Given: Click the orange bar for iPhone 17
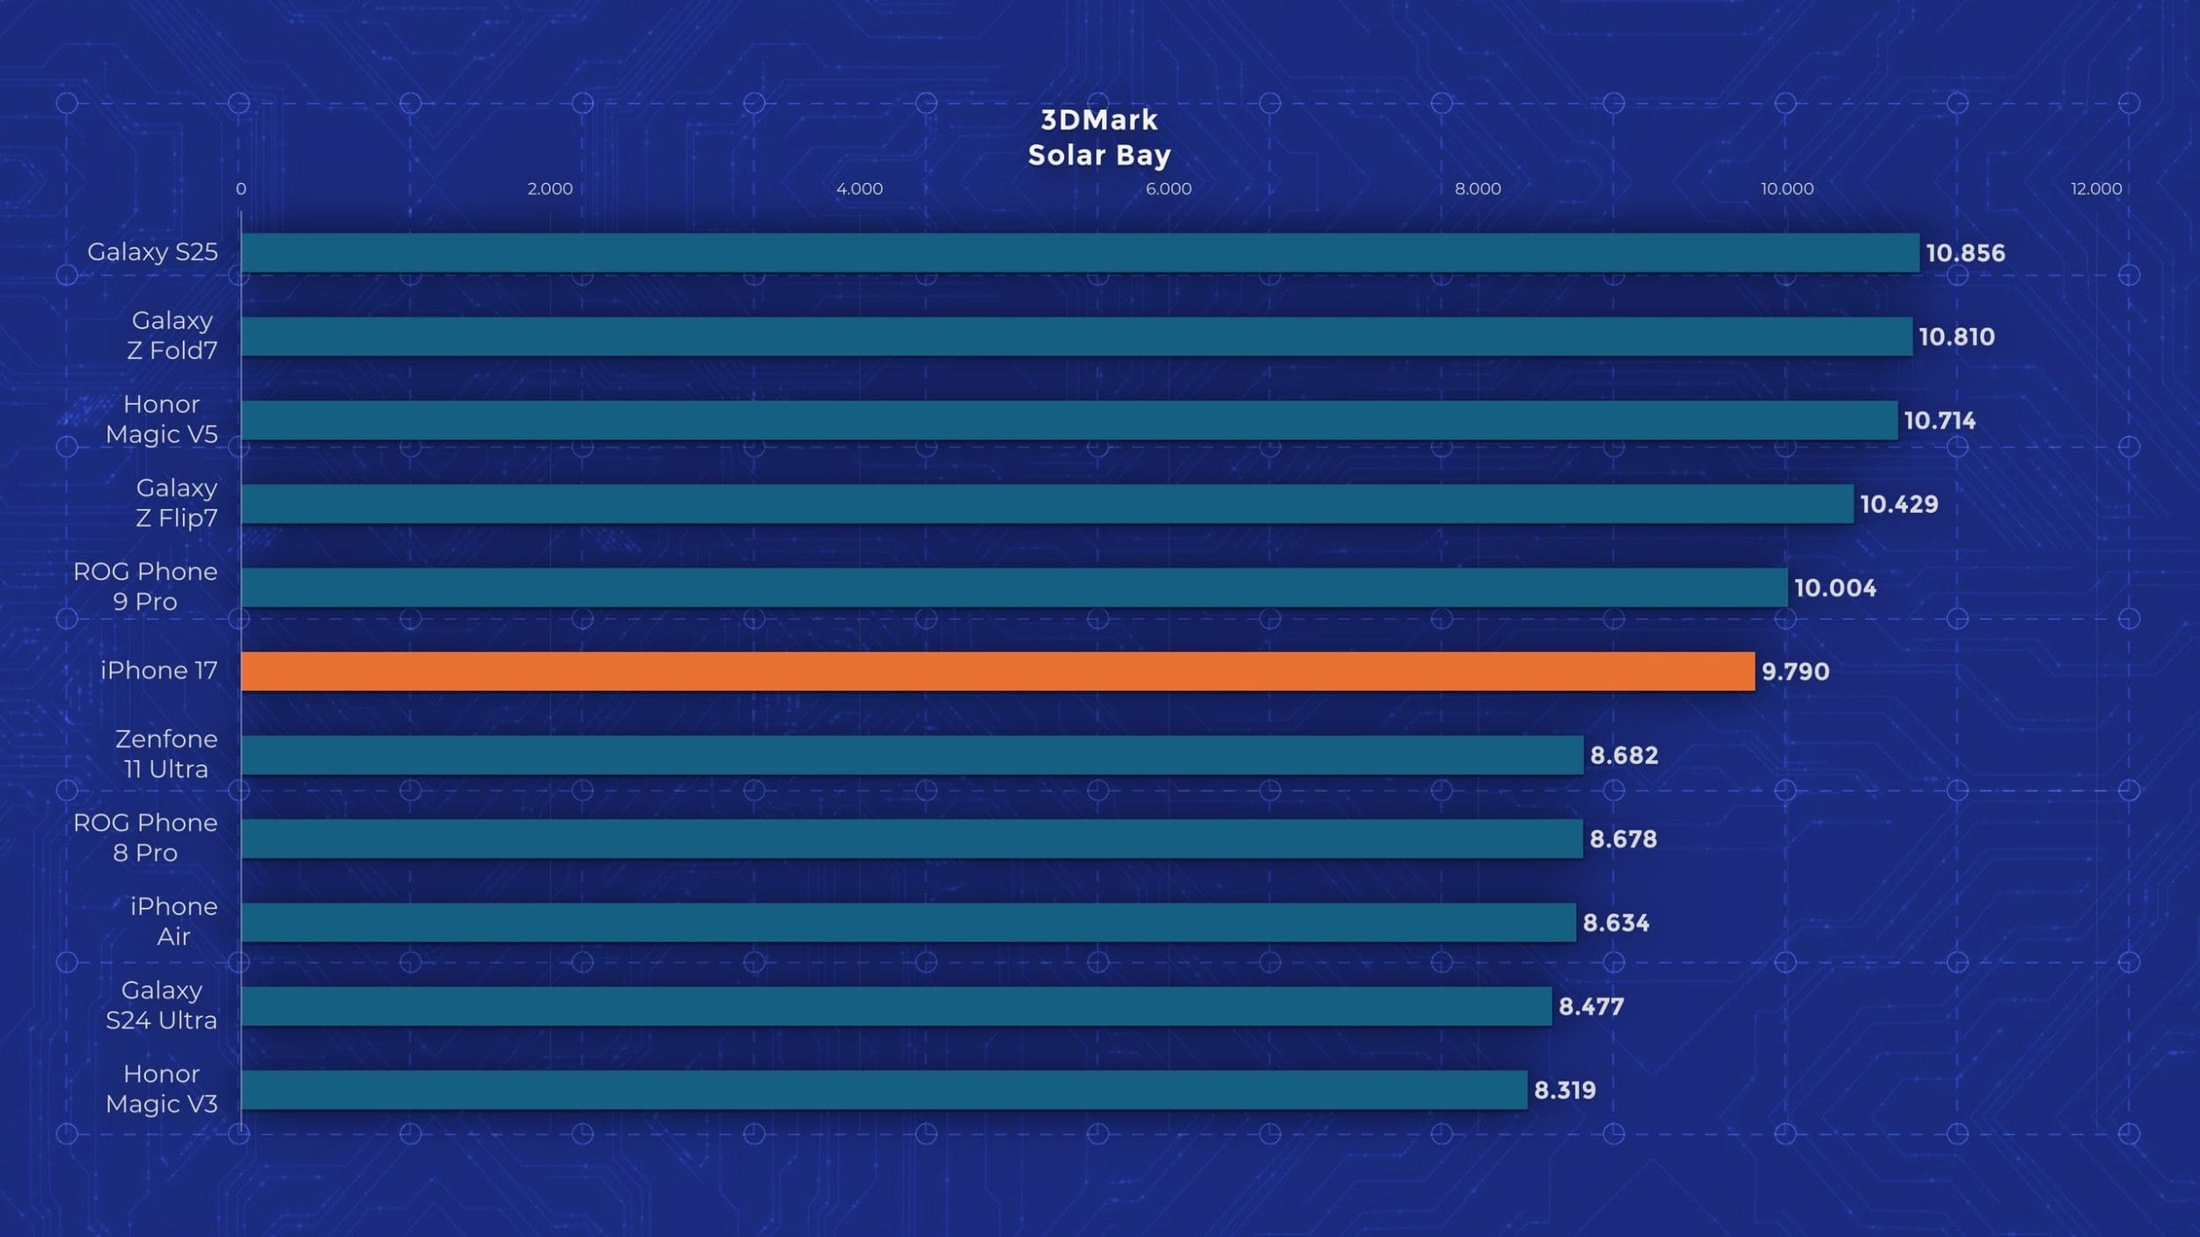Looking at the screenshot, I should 997,671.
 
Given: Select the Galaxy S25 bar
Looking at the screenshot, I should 1080,253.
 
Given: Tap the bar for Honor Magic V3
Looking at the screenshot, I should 884,1090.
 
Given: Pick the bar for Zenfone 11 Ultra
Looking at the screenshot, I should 912,755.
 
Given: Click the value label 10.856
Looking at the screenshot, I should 1965,253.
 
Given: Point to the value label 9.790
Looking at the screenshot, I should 1795,672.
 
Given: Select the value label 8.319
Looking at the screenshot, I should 1565,1091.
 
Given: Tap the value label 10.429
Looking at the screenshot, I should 1899,504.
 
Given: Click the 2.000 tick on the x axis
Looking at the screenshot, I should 550,189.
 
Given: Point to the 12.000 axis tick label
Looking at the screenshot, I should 2096,189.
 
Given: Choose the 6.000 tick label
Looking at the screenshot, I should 1169,189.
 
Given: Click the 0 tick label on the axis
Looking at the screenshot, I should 241,189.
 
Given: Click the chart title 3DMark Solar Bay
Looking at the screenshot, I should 1099,138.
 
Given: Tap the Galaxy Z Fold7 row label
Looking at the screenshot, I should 172,335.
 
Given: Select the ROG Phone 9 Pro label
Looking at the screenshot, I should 145,587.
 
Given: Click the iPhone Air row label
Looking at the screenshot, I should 173,921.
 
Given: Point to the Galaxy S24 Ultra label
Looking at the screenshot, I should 162,1005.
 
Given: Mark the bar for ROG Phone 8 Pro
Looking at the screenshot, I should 912,838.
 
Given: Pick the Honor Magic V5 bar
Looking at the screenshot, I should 1069,421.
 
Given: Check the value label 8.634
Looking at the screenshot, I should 1616,923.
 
